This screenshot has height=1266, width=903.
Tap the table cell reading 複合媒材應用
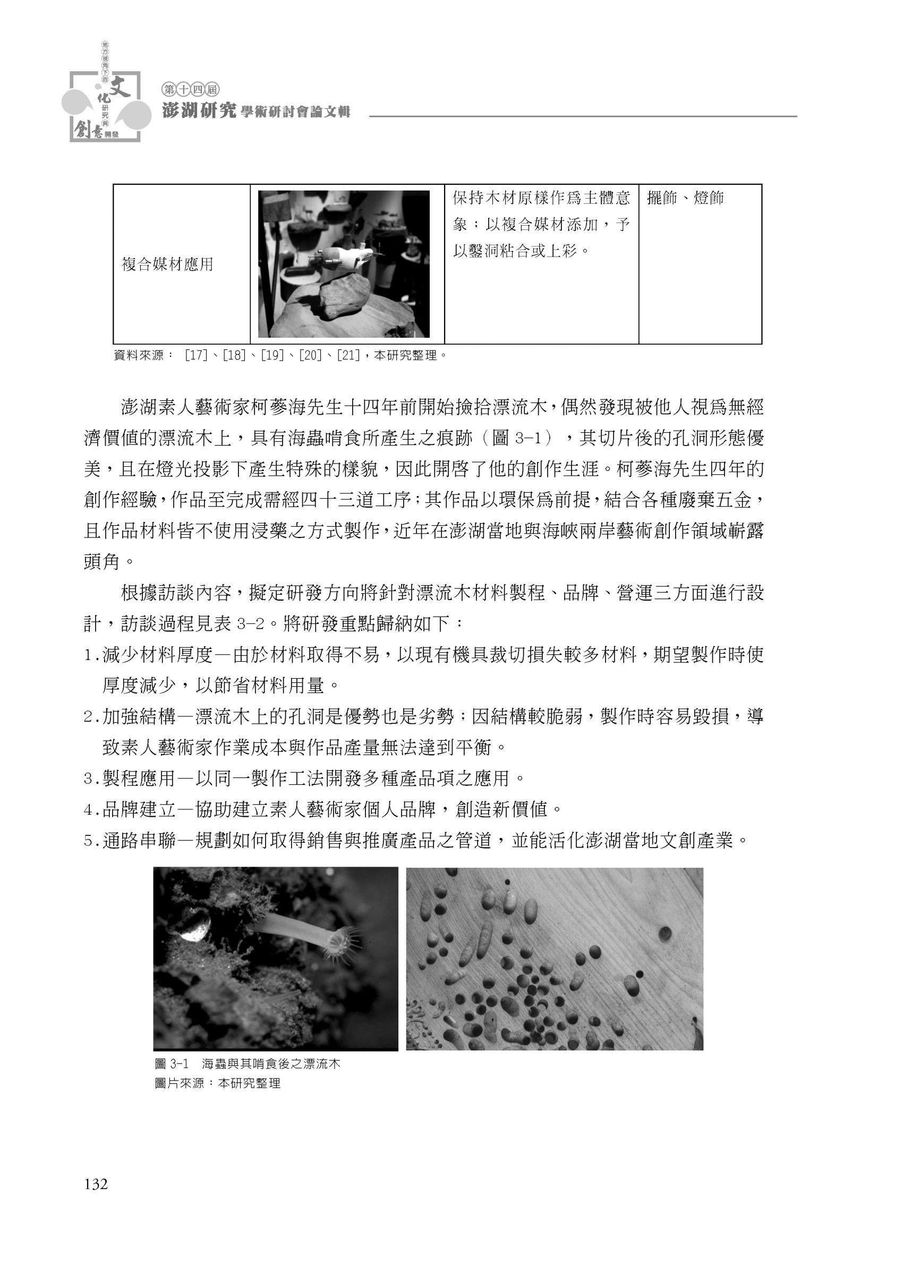pos(167,264)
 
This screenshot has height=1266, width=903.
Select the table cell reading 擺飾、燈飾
pos(685,199)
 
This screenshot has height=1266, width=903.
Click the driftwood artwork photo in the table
pos(344,264)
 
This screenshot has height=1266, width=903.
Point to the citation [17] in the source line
pos(195,355)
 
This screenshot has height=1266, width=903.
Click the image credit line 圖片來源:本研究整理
pos(217,1084)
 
